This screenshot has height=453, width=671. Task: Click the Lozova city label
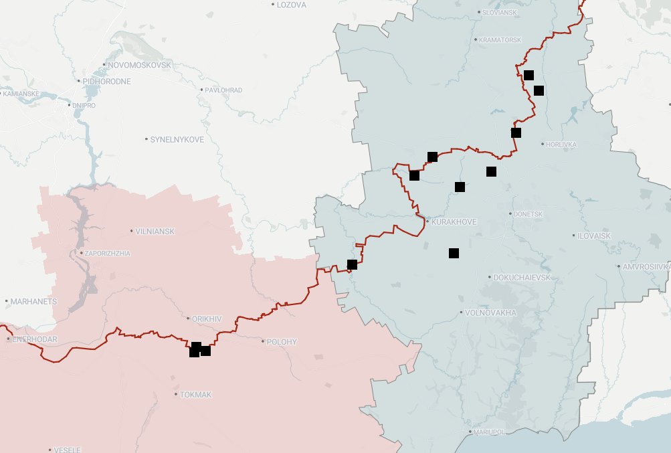(291, 5)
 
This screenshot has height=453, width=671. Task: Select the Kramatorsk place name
(500, 40)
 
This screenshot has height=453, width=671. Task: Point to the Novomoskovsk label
(139, 65)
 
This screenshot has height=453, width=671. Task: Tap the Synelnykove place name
(177, 139)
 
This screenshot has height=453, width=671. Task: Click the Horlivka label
(561, 145)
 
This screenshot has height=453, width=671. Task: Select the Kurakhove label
(455, 221)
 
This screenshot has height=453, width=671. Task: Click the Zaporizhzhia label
(107, 254)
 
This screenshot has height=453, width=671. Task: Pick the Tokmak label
(196, 395)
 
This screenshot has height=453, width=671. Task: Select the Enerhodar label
(32, 340)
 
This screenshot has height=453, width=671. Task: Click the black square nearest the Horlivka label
(516, 132)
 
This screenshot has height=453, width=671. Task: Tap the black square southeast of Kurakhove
(454, 253)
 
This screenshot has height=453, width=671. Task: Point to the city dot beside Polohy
(263, 342)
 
